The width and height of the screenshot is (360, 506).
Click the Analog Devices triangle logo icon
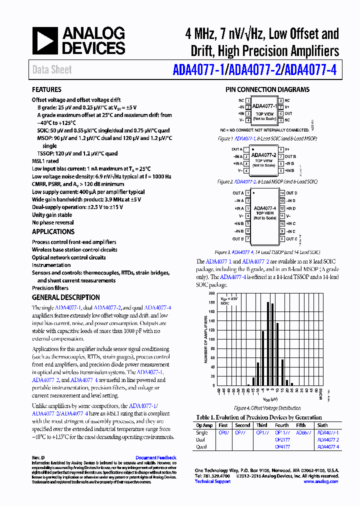45,41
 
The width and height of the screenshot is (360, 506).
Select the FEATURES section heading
46,90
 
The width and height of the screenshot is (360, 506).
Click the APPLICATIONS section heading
53,232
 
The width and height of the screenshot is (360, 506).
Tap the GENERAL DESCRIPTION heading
66,297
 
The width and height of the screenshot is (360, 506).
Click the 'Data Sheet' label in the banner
52,70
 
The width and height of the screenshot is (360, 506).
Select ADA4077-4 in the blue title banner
310,70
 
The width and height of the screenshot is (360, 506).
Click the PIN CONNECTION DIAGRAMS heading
267,90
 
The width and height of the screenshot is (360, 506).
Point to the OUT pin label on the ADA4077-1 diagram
288,113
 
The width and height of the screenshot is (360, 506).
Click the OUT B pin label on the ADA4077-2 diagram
290,156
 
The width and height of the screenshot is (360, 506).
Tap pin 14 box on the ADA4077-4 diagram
282,193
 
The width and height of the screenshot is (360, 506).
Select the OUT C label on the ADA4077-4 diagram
291,239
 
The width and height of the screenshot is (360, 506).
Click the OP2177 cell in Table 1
282,440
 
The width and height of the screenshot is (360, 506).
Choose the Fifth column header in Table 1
301,425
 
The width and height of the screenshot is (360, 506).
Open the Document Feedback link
155,457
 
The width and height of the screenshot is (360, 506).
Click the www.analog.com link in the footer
320,481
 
